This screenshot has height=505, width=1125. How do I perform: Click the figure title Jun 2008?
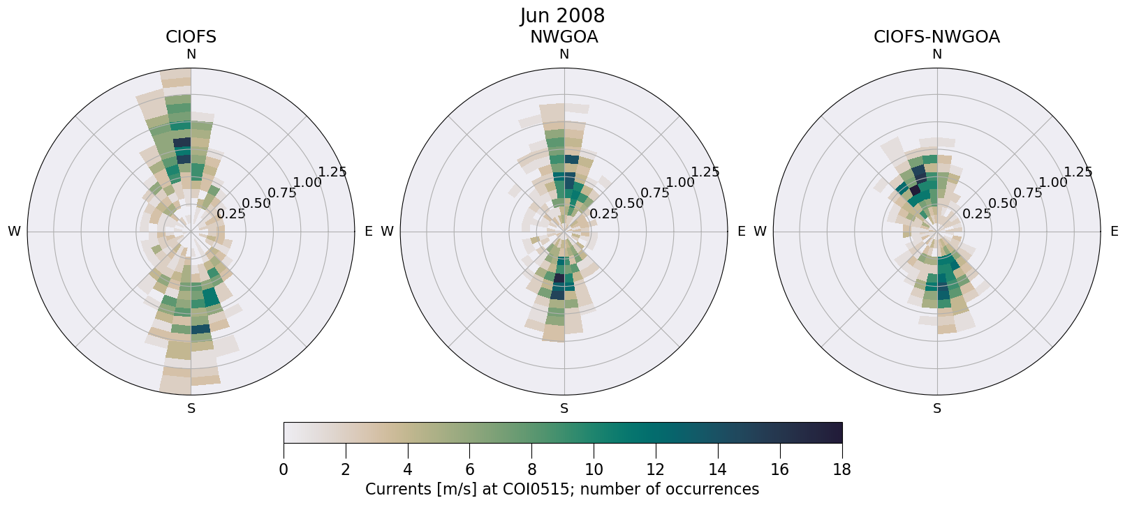click(x=562, y=15)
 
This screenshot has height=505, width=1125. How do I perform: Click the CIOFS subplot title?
click(x=191, y=37)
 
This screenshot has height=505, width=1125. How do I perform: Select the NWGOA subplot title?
click(x=564, y=37)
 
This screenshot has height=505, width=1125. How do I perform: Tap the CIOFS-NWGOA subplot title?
click(x=936, y=37)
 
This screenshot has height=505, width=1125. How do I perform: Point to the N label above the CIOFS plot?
click(x=191, y=54)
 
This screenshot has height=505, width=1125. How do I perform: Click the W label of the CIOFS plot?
click(x=14, y=232)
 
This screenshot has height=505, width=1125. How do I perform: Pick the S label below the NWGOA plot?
click(x=564, y=409)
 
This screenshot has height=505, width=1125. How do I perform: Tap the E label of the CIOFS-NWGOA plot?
click(x=1114, y=232)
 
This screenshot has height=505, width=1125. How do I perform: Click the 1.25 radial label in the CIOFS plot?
click(x=332, y=172)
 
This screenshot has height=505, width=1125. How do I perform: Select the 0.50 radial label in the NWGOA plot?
click(x=628, y=204)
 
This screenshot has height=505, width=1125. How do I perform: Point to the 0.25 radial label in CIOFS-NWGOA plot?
click(x=976, y=214)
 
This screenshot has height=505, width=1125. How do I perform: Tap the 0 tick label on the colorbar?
click(x=284, y=469)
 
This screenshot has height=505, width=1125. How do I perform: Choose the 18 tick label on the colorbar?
click(x=841, y=469)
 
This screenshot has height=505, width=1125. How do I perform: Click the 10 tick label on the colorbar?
click(x=594, y=469)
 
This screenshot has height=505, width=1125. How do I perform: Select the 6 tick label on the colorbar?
click(x=470, y=469)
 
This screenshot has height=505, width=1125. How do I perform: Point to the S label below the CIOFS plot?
click(x=191, y=409)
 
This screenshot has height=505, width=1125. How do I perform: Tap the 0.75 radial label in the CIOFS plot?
click(x=282, y=193)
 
